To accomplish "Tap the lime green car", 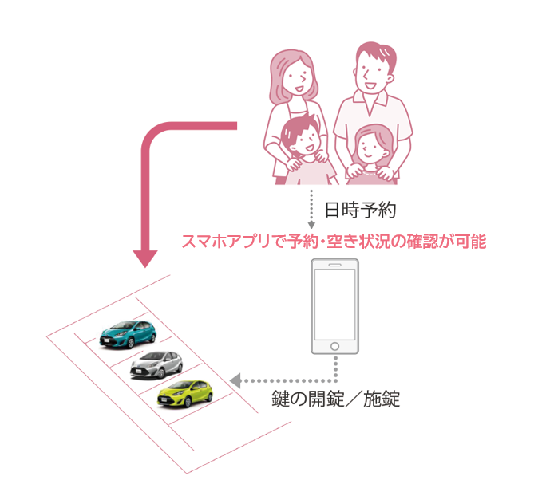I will coord(186,394).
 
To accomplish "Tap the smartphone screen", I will coord(336,305).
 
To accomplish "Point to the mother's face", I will coord(295,77).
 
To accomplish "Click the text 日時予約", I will coord(360,211).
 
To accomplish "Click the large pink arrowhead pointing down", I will coord(147,259).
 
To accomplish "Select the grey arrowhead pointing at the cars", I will coord(235,381).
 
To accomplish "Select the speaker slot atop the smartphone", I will coord(336,265).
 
